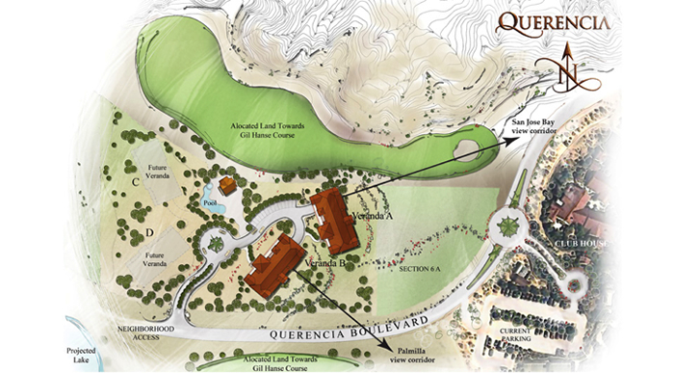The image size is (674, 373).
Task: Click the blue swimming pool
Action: click(215, 203)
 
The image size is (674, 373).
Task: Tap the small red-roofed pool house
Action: click(228, 185)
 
